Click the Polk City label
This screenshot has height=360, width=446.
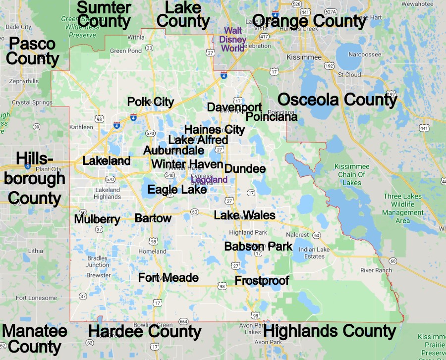[151, 102]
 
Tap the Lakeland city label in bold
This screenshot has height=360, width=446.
[107, 161]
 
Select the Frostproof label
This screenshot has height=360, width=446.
[262, 281]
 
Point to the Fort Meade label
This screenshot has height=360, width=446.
[168, 278]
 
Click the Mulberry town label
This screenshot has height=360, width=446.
[97, 219]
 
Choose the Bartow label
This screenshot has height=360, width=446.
[153, 218]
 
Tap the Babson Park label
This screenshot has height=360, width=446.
[258, 247]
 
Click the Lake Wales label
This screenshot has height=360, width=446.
[245, 215]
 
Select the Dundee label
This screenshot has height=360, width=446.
[245, 169]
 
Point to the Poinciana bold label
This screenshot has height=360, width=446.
[272, 117]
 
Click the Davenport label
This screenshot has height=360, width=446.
[234, 107]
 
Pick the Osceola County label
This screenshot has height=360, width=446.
[337, 100]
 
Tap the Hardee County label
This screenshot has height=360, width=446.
[145, 332]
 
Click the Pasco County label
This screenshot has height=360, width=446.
[32, 51]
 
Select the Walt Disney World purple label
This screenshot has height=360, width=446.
[232, 39]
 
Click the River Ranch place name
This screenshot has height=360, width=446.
[376, 270]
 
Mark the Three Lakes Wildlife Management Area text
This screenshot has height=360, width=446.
[403, 208]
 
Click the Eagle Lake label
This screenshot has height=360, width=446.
[177, 190]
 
